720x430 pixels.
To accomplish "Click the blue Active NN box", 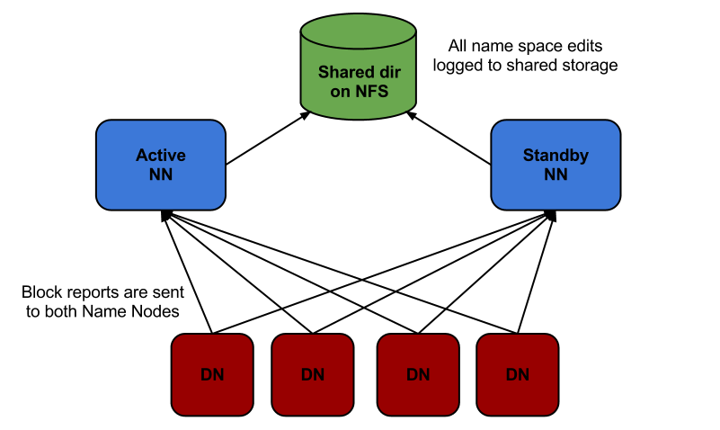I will pyautogui.click(x=160, y=165).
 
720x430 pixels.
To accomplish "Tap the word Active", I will pyautogui.click(x=160, y=156).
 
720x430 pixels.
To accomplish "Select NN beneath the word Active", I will pyautogui.click(x=160, y=175).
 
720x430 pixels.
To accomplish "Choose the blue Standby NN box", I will pyautogui.click(x=556, y=165).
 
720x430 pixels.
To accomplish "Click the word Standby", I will pyautogui.click(x=556, y=156).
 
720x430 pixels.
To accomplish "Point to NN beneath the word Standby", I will pyautogui.click(x=556, y=175).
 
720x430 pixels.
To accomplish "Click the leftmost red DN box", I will pyautogui.click(x=212, y=374).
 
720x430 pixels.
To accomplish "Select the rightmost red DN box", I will pyautogui.click(x=518, y=374).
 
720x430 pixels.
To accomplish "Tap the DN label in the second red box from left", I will pyautogui.click(x=312, y=375).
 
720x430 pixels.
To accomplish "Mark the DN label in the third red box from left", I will pyautogui.click(x=418, y=375).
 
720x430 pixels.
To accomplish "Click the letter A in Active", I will pyautogui.click(x=142, y=156).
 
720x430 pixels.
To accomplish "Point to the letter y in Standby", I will pyautogui.click(x=584, y=157).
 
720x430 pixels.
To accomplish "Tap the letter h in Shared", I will pyautogui.click(x=331, y=72).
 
